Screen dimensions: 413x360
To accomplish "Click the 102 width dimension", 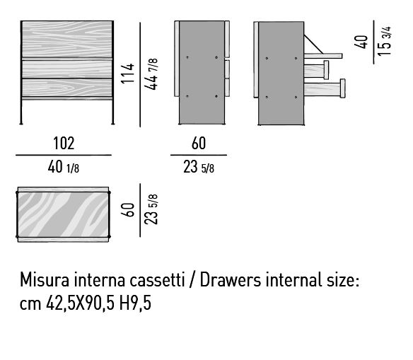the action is [x=64, y=144].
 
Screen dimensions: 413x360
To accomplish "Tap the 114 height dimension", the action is [x=127, y=74].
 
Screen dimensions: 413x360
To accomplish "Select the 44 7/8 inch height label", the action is [x=151, y=74].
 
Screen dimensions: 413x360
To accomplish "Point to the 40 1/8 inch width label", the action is [x=64, y=167].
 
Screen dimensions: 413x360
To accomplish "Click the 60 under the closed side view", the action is [x=199, y=144].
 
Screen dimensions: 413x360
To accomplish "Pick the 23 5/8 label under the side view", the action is [x=199, y=167].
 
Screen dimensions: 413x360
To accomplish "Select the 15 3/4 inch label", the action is [x=384, y=41].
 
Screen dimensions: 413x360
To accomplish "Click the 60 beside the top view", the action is [x=127, y=210].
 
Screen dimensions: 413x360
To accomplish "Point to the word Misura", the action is [x=45, y=279].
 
